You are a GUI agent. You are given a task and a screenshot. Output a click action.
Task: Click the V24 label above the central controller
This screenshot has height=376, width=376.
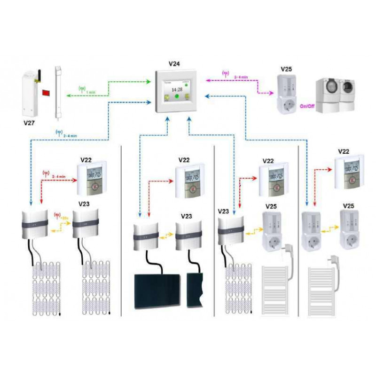[x=175, y=63]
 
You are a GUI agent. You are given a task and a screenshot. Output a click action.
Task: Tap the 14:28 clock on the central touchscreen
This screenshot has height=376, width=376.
[x=176, y=89]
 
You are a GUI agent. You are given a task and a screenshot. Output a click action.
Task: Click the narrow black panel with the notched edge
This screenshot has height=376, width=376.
[x=195, y=290]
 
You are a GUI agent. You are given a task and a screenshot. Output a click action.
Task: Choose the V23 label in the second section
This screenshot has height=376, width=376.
[x=186, y=217]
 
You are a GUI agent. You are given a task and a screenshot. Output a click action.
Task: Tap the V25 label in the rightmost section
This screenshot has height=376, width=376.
[x=348, y=206]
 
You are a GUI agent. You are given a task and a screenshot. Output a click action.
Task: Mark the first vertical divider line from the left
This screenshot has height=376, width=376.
[x=121, y=230]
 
